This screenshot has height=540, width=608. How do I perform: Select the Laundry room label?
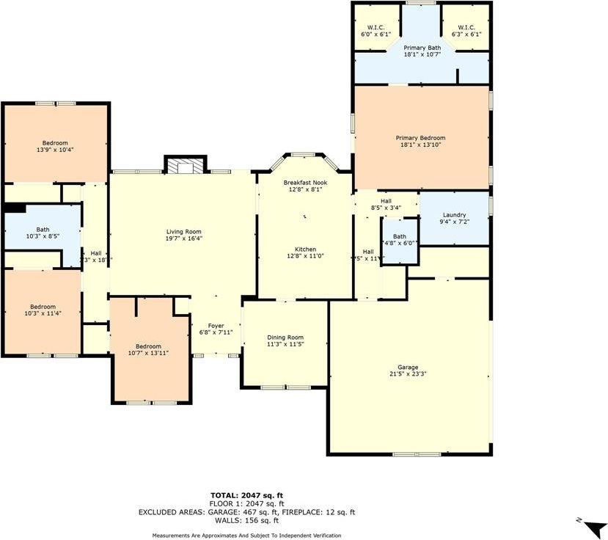(x=454, y=215)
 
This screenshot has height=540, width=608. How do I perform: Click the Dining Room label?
(x=284, y=337)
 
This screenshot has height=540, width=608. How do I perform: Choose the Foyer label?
(x=216, y=326)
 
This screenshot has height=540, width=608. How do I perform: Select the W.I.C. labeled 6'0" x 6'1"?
(x=376, y=30)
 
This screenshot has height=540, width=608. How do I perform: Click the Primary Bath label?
(x=422, y=48)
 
